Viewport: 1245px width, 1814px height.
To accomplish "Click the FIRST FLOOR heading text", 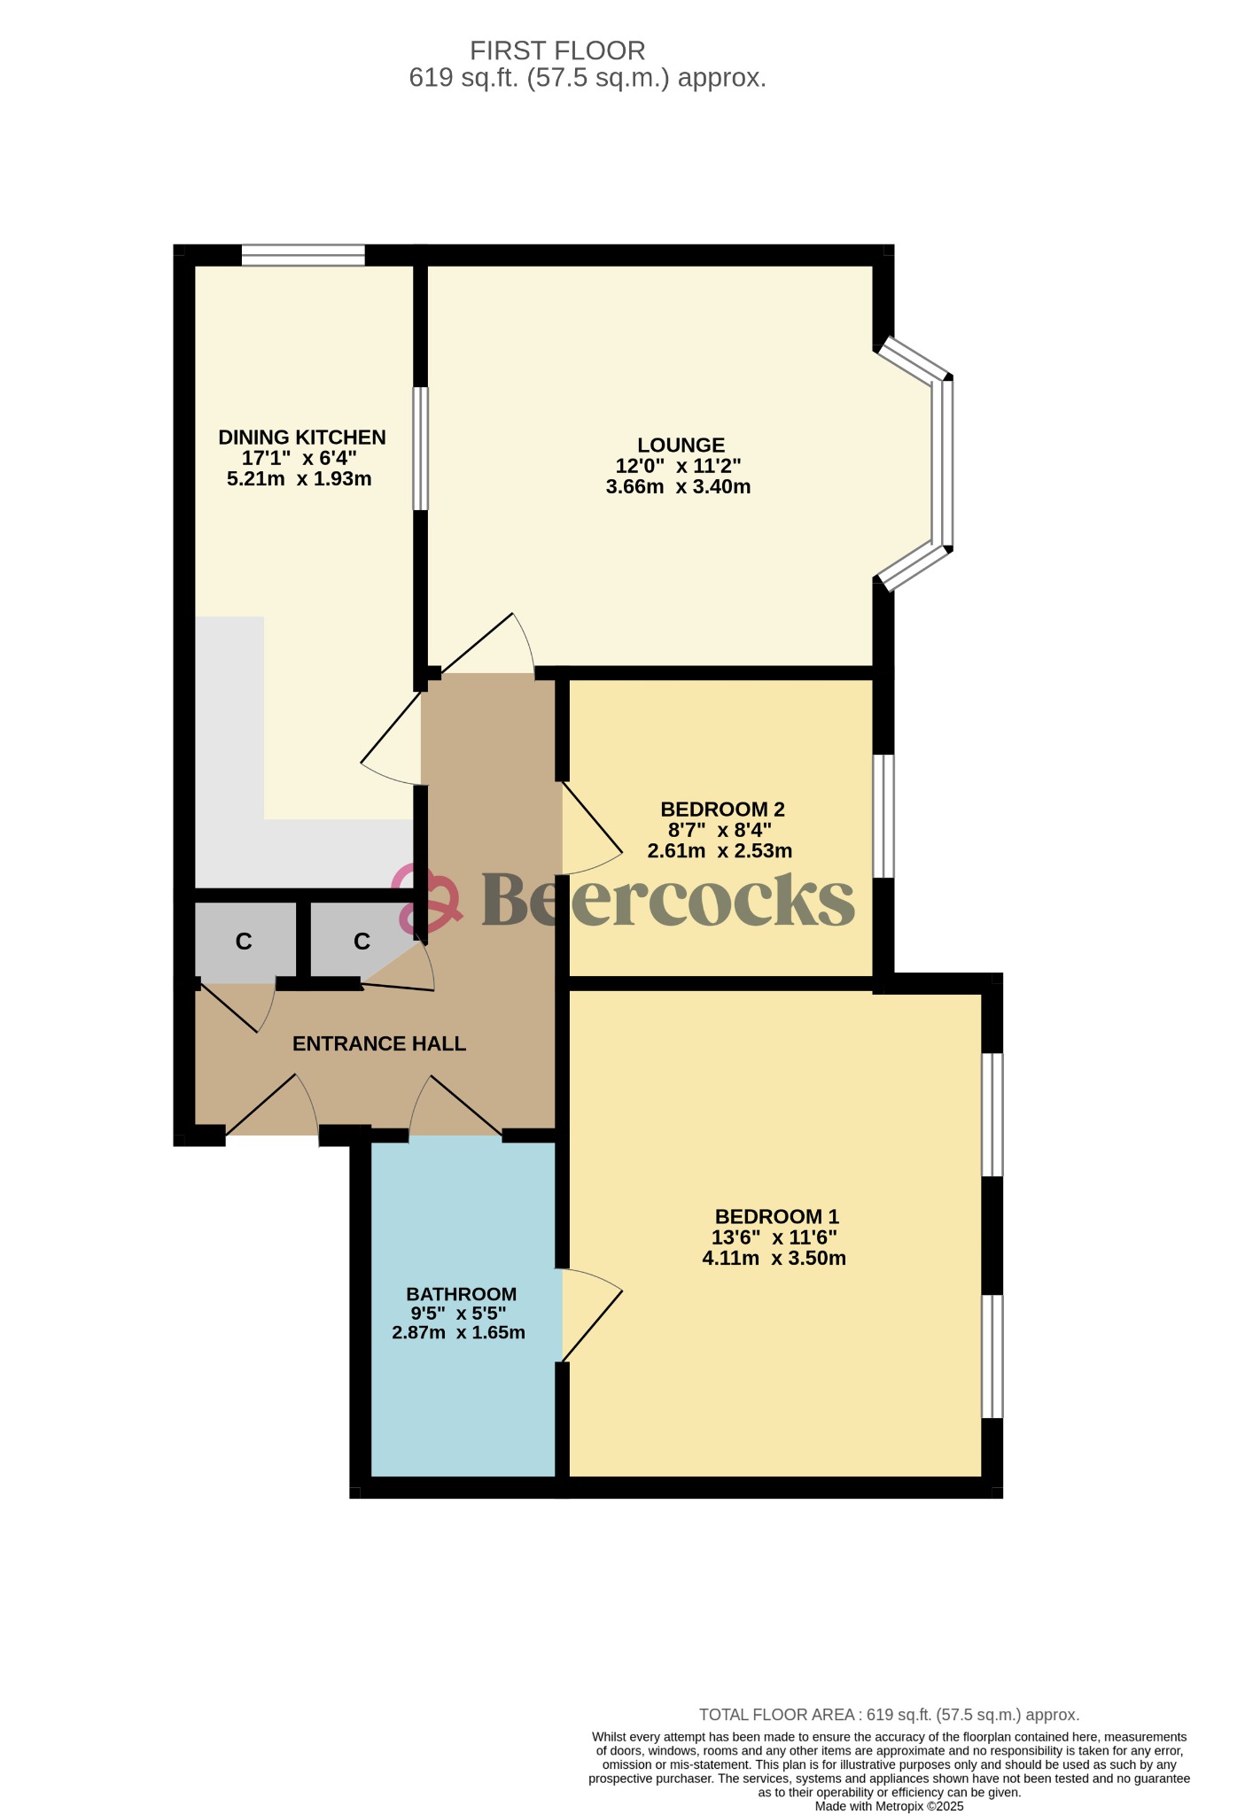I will point(557,50).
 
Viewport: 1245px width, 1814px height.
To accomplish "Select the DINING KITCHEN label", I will point(302,437).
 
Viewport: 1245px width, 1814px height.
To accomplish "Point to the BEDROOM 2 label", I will point(722,809).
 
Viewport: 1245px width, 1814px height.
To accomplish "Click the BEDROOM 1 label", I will point(776,1216).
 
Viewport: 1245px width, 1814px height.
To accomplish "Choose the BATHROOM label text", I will point(461,1294).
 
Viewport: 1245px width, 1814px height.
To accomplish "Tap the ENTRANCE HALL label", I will point(379,1043).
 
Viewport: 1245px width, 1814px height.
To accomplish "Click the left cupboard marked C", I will point(244,941).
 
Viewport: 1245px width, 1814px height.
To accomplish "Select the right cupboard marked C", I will point(362,941).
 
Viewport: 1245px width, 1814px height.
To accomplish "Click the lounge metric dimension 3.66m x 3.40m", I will point(678,487).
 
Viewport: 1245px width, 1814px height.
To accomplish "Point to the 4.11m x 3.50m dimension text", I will point(774,1259).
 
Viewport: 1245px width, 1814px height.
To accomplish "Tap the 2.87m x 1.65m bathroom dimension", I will point(458,1332).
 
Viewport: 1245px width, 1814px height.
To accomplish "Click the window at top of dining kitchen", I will point(303,256).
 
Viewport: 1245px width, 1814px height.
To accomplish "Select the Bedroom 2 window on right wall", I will point(883,816).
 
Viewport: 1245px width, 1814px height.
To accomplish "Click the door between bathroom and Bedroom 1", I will point(591,1315).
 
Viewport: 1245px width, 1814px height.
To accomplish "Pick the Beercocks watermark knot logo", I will point(426,900).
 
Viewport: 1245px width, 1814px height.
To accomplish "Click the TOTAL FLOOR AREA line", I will point(889,1715).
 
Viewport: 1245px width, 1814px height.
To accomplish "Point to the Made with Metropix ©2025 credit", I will point(889,1806).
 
